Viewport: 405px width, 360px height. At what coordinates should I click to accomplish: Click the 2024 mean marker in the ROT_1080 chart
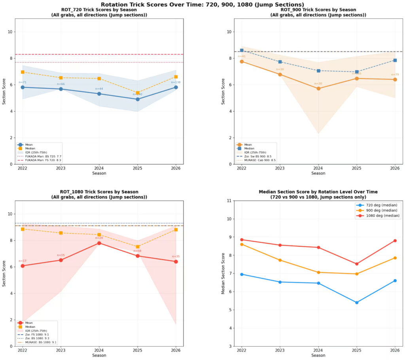coord(99,243)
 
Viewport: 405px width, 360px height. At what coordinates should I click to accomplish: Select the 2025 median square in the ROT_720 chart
coord(138,93)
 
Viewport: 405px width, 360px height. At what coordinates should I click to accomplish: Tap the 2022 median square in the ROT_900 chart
coord(242,51)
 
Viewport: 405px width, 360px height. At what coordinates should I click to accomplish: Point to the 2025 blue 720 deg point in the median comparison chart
coord(357,303)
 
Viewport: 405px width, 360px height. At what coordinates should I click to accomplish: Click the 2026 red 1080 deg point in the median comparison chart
coord(395,241)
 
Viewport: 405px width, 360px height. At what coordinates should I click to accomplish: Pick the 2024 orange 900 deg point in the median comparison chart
coord(318,272)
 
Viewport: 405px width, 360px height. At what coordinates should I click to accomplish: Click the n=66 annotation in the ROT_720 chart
coord(61,84)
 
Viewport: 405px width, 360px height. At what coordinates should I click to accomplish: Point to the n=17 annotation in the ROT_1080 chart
coord(22,261)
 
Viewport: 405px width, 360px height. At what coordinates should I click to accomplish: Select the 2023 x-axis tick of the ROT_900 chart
coord(280,168)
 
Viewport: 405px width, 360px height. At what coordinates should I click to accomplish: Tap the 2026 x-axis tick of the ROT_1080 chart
coord(176,350)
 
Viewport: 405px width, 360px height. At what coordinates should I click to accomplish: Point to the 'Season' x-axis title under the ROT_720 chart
coord(99,173)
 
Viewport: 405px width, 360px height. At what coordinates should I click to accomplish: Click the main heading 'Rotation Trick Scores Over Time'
coord(202,4)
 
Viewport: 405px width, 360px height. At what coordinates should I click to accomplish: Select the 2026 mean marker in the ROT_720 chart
coord(176,87)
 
